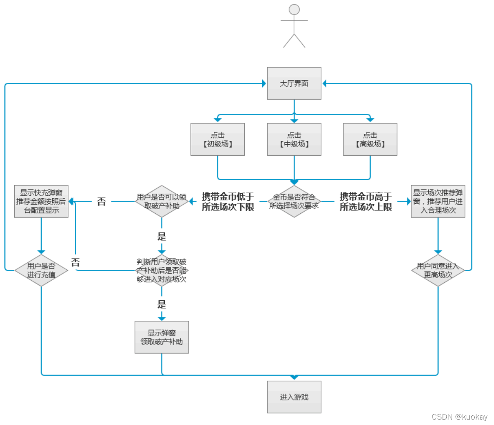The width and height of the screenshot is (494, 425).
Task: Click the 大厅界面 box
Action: [x=294, y=84]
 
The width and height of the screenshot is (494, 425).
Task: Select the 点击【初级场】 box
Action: [x=218, y=140]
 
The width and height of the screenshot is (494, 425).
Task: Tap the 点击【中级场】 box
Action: [x=294, y=140]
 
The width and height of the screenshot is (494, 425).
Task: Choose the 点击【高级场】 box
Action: [x=370, y=140]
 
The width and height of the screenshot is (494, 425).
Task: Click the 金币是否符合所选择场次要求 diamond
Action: [x=294, y=202]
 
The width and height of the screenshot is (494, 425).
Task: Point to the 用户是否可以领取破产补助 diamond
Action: [x=162, y=202]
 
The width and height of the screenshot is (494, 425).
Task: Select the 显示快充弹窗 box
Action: [x=41, y=202]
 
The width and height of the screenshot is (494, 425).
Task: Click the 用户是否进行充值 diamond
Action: [x=41, y=271]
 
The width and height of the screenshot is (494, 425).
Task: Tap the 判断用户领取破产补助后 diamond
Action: [x=162, y=271]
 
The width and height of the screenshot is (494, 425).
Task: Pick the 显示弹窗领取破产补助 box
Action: [x=162, y=337]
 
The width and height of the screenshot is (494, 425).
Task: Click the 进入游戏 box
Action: [x=294, y=397]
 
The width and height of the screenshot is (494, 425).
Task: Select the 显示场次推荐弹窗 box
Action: [x=438, y=202]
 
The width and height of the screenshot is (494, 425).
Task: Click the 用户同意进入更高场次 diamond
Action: [x=438, y=271]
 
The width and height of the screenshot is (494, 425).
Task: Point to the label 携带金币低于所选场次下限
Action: [x=228, y=202]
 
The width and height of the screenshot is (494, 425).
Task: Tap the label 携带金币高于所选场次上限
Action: [x=366, y=202]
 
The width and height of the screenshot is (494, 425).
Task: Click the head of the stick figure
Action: [x=294, y=10]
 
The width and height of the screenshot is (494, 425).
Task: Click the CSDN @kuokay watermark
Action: [x=459, y=417]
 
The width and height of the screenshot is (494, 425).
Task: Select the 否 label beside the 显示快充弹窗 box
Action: [x=101, y=202]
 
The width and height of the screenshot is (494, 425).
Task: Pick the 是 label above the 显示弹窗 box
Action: [x=162, y=305]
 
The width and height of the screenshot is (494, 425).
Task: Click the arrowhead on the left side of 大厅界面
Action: [x=264, y=84]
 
